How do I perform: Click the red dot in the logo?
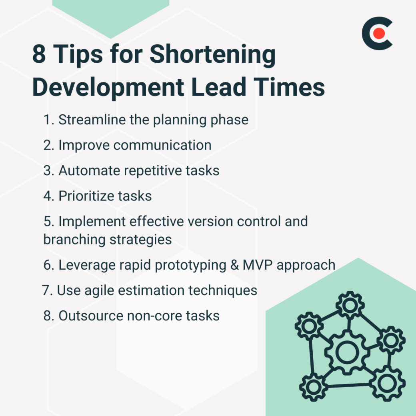click(x=379, y=34)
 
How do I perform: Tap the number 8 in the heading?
click(x=39, y=54)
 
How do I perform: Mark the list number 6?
click(x=48, y=265)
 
